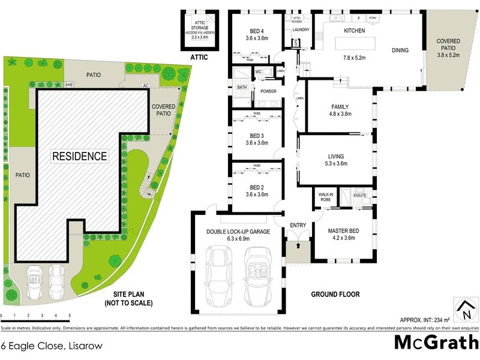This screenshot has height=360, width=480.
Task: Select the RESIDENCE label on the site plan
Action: click(x=80, y=157)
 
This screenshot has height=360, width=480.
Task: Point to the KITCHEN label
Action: click(x=355, y=31)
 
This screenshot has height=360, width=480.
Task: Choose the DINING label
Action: click(x=400, y=50)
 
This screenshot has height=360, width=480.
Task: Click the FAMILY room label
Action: click(x=340, y=106)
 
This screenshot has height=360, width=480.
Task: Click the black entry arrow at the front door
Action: click(x=298, y=246)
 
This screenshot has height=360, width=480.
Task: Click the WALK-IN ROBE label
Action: click(x=325, y=197)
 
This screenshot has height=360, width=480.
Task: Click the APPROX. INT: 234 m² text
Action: click(x=421, y=320)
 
